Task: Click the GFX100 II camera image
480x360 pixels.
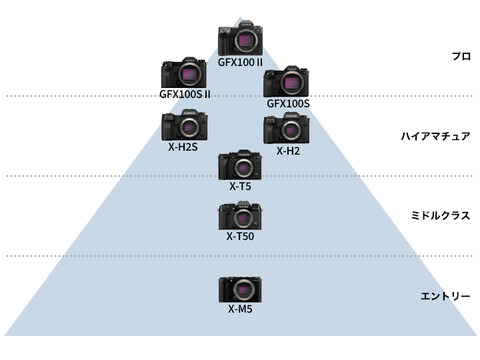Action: point(240,41)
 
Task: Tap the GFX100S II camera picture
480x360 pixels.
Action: point(185,73)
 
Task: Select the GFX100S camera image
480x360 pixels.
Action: point(288,82)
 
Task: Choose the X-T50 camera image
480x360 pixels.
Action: point(240,215)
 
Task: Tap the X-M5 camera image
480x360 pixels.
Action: point(240,290)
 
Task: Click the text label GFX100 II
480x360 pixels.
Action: point(241,62)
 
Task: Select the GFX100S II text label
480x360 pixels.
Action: point(185,94)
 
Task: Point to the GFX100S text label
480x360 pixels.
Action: point(288,103)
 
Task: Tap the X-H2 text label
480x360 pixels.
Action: point(288,151)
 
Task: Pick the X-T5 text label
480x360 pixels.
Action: point(240,186)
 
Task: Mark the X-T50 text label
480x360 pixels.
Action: point(240,235)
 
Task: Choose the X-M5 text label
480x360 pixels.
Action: point(240,309)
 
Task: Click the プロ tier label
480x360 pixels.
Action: point(461,57)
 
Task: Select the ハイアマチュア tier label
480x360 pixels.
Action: point(435,136)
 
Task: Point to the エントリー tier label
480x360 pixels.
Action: point(446,295)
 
